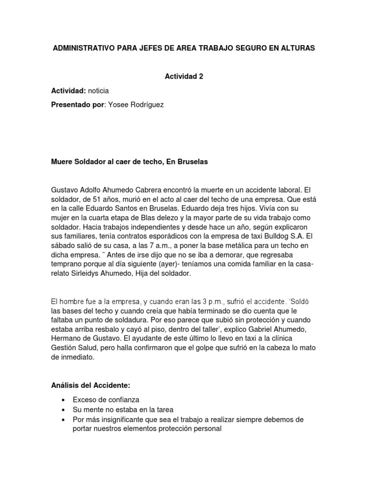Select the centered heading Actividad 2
[184, 77]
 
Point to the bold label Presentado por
[77, 105]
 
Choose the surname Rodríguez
[144, 105]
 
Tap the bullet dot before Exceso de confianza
[63, 400]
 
